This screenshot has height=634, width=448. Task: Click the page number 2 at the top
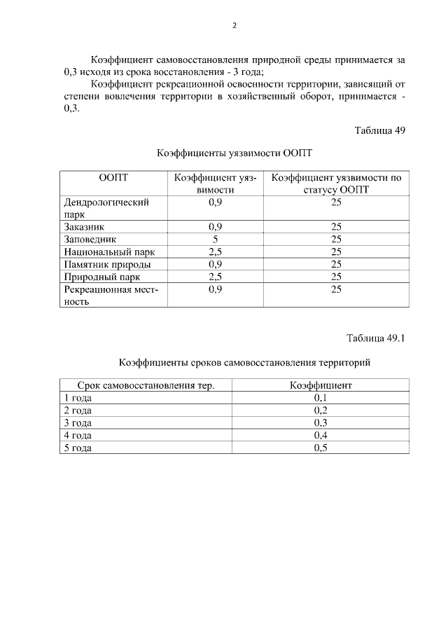coord(234,26)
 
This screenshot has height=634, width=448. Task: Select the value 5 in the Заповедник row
coord(216,239)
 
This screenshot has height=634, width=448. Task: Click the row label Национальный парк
coord(108,251)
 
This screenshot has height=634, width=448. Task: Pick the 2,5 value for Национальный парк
coord(216,251)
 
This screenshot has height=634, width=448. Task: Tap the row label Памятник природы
coord(107,264)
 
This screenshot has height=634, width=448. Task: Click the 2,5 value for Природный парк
coord(216,277)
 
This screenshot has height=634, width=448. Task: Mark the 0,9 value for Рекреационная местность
coord(216,289)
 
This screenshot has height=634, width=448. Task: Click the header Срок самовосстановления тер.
coord(146,385)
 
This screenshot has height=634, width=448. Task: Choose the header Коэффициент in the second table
coord(321,385)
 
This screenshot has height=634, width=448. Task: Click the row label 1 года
coord(77,398)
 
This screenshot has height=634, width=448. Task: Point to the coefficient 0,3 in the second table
coord(321,423)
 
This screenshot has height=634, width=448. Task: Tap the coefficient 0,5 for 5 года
coord(321,448)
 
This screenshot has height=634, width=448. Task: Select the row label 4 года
coord(77,435)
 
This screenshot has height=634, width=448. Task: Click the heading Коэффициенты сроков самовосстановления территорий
coord(244,363)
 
